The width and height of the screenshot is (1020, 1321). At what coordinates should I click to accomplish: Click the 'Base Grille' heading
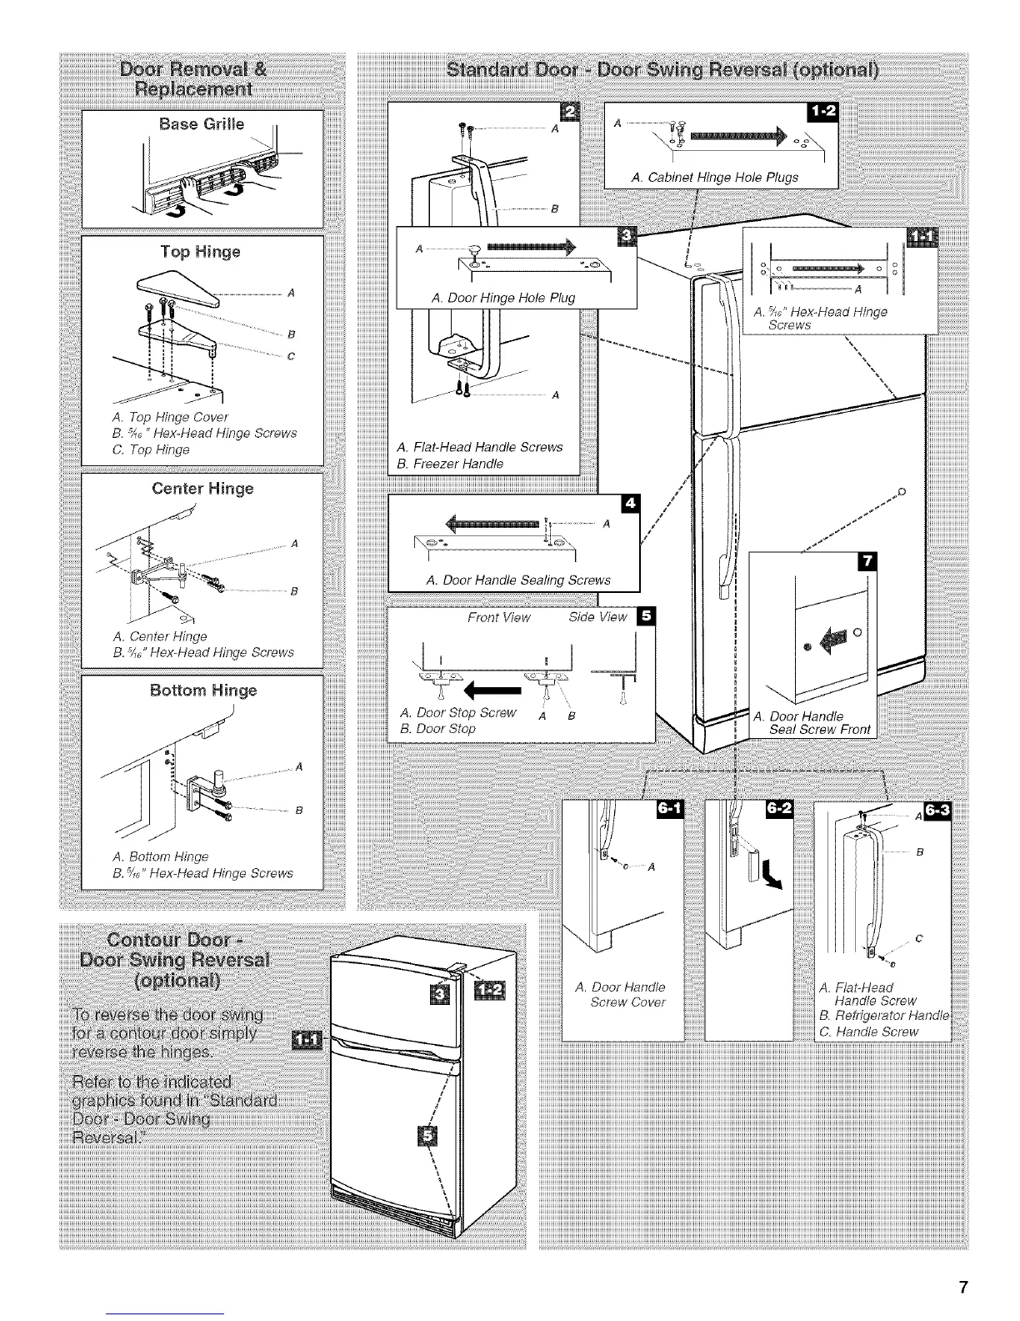pyautogui.click(x=202, y=124)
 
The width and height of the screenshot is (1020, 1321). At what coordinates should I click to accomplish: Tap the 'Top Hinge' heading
pyautogui.click(x=201, y=251)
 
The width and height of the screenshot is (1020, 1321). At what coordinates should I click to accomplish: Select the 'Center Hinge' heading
pyautogui.click(x=202, y=488)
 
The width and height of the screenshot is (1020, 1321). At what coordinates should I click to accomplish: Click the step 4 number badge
pyautogui.click(x=630, y=505)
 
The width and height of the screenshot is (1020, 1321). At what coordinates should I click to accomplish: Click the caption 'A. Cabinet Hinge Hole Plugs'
pyautogui.click(x=715, y=177)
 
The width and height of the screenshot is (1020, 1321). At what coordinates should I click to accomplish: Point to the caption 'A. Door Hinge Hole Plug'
pyautogui.click(x=503, y=298)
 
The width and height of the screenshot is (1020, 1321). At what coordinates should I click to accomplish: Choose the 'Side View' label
pyautogui.click(x=597, y=617)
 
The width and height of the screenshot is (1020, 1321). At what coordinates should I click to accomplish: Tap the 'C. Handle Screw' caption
pyautogui.click(x=868, y=1032)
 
